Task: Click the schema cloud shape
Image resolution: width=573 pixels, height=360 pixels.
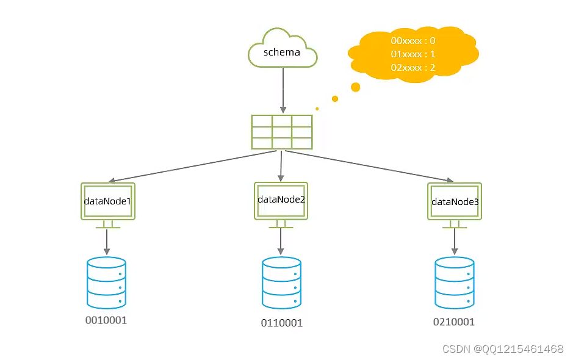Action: tap(282, 51)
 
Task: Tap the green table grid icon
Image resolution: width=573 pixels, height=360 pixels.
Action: tap(282, 132)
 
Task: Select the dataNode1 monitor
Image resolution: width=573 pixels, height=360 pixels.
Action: tap(107, 201)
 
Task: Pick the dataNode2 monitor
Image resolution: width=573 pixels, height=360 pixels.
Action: tap(281, 200)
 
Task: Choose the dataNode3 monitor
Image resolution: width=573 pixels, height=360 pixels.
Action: tap(455, 201)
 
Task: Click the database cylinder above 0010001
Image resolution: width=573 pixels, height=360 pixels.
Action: tap(107, 282)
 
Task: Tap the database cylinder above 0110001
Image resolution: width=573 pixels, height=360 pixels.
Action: tap(281, 283)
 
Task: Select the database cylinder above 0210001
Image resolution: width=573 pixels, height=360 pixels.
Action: tap(455, 283)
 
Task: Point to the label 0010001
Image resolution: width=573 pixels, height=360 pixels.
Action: tap(106, 320)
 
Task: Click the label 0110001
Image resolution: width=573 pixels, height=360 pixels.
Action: tap(281, 323)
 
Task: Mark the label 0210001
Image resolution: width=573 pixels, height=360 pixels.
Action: tap(454, 322)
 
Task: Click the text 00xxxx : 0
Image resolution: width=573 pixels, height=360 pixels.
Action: tap(413, 41)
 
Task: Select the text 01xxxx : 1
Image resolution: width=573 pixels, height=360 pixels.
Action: tap(413, 54)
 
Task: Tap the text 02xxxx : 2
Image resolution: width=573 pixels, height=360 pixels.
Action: tap(413, 68)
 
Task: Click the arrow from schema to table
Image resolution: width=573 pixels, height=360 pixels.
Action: tap(283, 88)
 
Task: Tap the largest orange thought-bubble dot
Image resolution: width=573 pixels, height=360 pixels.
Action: tap(355, 87)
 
